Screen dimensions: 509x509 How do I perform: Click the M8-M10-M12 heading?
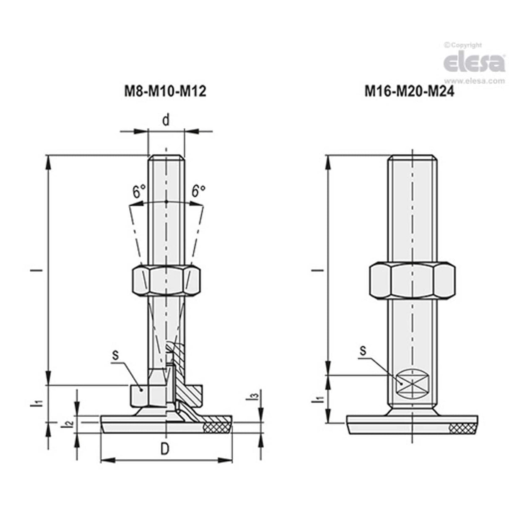(x=166, y=91)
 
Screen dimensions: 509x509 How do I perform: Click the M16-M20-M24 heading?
(x=409, y=91)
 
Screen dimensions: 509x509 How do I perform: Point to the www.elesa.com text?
(x=474, y=81)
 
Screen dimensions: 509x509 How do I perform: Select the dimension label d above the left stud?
(x=166, y=120)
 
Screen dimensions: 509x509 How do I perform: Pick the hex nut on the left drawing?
(x=166, y=280)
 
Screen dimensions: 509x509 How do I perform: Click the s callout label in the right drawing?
(x=363, y=351)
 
